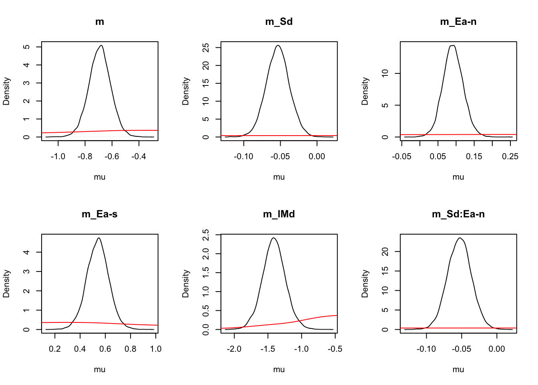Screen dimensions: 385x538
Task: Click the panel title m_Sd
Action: pos(279,22)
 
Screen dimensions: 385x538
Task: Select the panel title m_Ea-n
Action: pos(458,22)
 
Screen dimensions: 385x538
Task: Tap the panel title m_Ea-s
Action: pos(100,214)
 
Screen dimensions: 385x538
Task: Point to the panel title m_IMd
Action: pos(279,214)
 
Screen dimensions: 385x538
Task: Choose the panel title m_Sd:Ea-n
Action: pos(458,214)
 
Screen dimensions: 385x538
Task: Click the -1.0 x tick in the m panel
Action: pos(58,156)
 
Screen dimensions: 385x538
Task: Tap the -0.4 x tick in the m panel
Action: pos(139,156)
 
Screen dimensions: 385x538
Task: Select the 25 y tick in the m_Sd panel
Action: pos(206,47)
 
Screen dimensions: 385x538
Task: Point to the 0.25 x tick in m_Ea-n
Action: pos(510,156)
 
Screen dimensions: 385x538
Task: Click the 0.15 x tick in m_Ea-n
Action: pos(474,156)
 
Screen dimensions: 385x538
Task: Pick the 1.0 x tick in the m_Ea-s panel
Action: pos(156,349)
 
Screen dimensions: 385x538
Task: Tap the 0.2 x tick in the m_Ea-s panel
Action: pos(55,349)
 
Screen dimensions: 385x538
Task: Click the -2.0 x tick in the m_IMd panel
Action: pos(234,349)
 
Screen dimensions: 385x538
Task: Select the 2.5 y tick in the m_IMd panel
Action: pos(206,235)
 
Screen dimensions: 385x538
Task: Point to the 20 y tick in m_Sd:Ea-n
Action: pos(385,251)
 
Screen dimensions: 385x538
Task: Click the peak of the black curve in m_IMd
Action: pos(273,238)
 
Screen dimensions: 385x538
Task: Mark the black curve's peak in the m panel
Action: pos(102,45)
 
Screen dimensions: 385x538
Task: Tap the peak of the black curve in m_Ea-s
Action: pos(98,238)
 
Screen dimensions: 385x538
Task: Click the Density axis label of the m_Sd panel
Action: pos(186,91)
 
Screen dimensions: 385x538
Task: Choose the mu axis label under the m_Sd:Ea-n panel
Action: pos(458,369)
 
